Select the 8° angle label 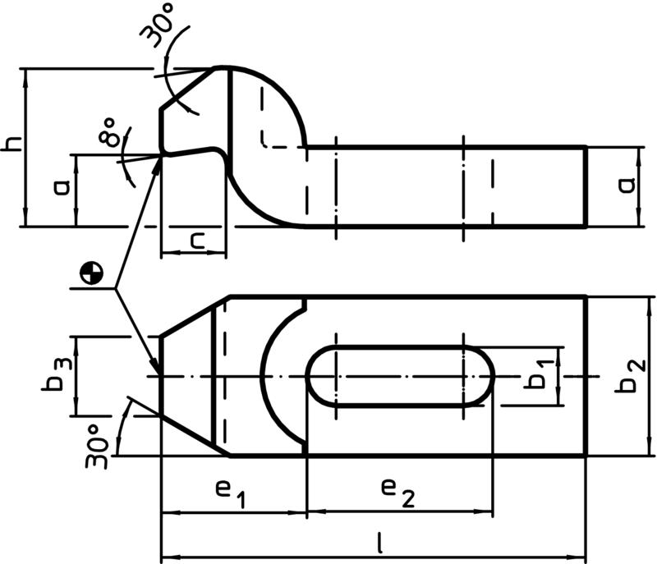click(x=109, y=131)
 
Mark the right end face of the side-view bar click(x=586, y=186)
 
